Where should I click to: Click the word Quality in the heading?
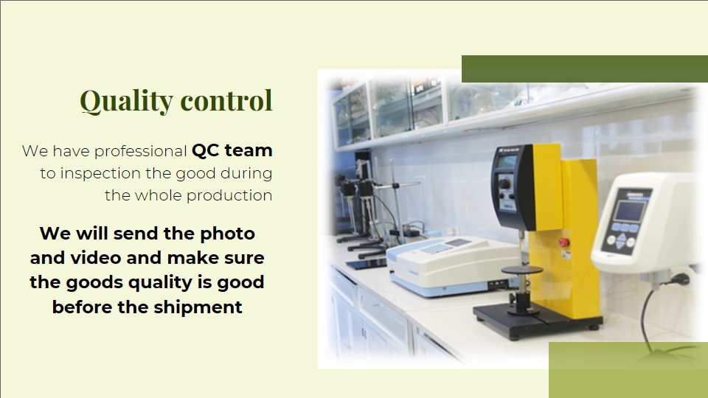click(126, 101)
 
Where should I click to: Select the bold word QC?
click(206, 150)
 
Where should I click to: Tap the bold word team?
click(249, 150)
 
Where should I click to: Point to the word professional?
click(140, 152)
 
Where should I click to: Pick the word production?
click(229, 196)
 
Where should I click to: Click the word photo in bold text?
click(228, 234)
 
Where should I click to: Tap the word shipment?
click(198, 307)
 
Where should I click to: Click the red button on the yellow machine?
click(563, 242)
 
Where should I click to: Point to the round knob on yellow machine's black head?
click(504, 184)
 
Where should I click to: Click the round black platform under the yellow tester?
click(522, 270)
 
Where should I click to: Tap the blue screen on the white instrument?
click(631, 211)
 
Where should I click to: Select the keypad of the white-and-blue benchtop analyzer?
click(435, 248)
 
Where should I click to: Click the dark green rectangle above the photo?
click(585, 69)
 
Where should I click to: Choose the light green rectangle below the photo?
click(628, 370)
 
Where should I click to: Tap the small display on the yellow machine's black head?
click(507, 161)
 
